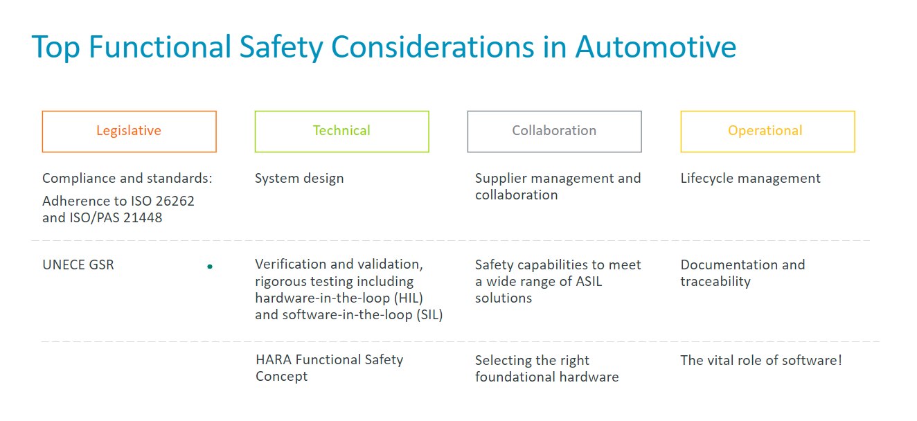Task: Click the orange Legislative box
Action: pos(129,131)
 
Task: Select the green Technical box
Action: pos(341,131)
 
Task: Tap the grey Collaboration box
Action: pos(554,131)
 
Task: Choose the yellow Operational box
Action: pos(767,131)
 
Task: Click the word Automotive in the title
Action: pos(655,47)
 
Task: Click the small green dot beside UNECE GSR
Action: pos(210,266)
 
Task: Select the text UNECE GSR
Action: pos(78,265)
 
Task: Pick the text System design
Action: pos(299,178)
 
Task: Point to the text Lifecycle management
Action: pos(750,178)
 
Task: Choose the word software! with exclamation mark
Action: pos(815,360)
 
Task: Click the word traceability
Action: pos(715,281)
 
